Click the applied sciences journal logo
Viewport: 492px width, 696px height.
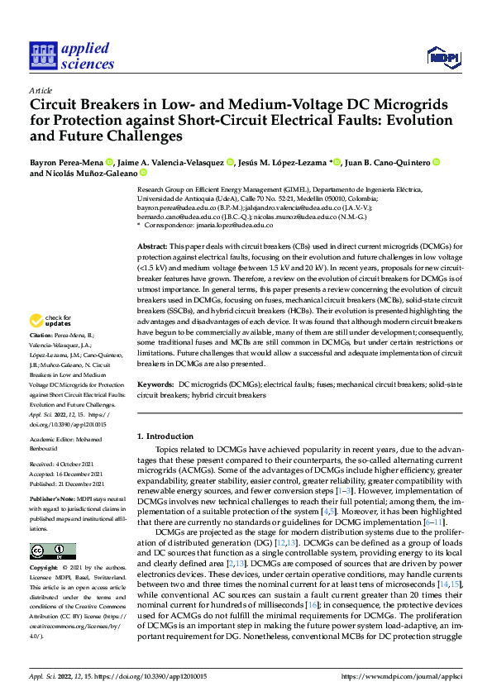click(72, 55)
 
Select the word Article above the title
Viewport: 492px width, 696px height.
click(41, 90)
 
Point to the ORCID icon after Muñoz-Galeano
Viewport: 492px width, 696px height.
click(143, 174)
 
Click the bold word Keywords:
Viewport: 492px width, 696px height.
click(155, 385)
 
